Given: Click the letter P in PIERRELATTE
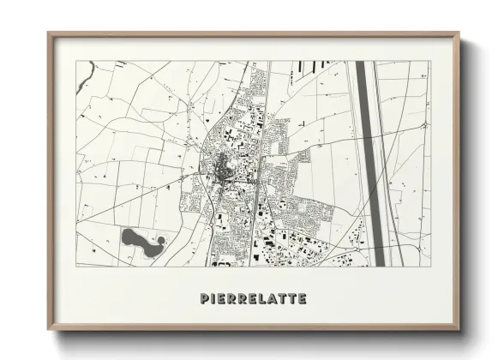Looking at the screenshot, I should [204, 299].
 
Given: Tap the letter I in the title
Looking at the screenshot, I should [213, 299].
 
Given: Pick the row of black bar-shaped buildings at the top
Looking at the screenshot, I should [316, 65].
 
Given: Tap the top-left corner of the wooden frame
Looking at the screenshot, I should [49, 34].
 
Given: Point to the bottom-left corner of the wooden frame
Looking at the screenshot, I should [49, 329].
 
